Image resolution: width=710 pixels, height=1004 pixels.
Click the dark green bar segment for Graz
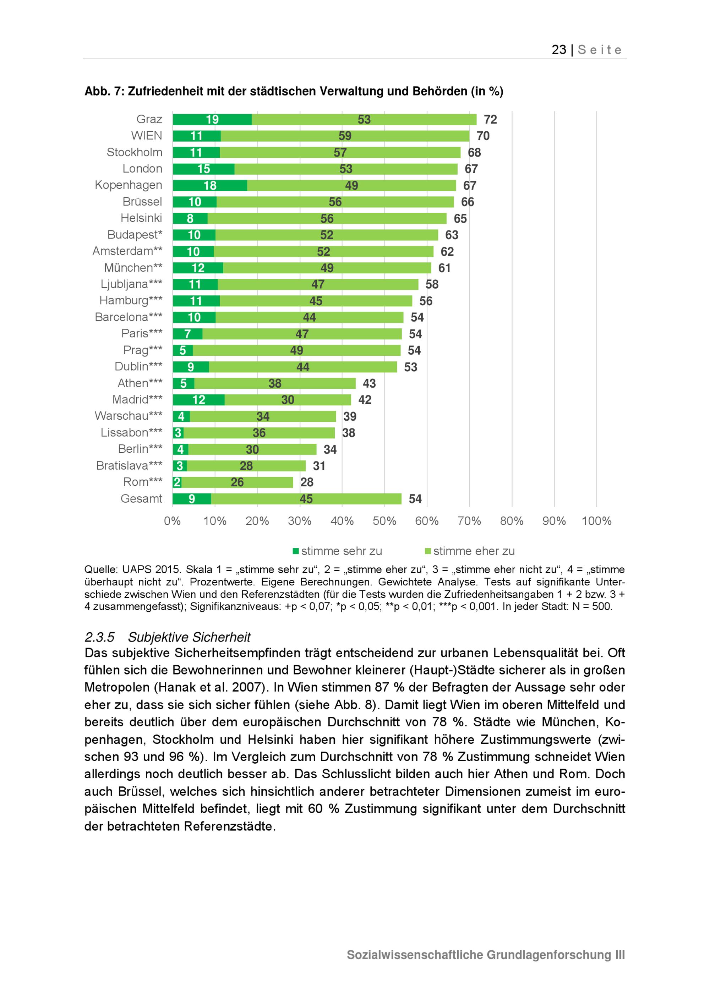212,119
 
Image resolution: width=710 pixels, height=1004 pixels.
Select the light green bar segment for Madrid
287,400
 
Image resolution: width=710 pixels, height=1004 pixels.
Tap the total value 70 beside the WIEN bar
483,136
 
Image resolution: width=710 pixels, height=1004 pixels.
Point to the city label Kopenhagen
128,185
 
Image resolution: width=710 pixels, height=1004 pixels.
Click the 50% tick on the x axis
384,521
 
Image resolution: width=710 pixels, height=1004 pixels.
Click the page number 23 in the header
559,50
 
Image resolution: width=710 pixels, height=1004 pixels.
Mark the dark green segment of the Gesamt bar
191,499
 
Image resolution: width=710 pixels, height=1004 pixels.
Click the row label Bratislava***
129,465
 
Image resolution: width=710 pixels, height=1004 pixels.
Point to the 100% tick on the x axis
596,521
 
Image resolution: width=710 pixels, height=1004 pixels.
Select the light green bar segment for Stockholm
340,153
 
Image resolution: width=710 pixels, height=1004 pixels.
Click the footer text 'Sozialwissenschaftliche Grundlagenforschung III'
485,955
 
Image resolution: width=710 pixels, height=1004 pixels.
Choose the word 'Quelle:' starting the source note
100,569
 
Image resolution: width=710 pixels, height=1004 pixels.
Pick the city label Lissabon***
131,432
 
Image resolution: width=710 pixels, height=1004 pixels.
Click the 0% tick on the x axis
172,521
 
